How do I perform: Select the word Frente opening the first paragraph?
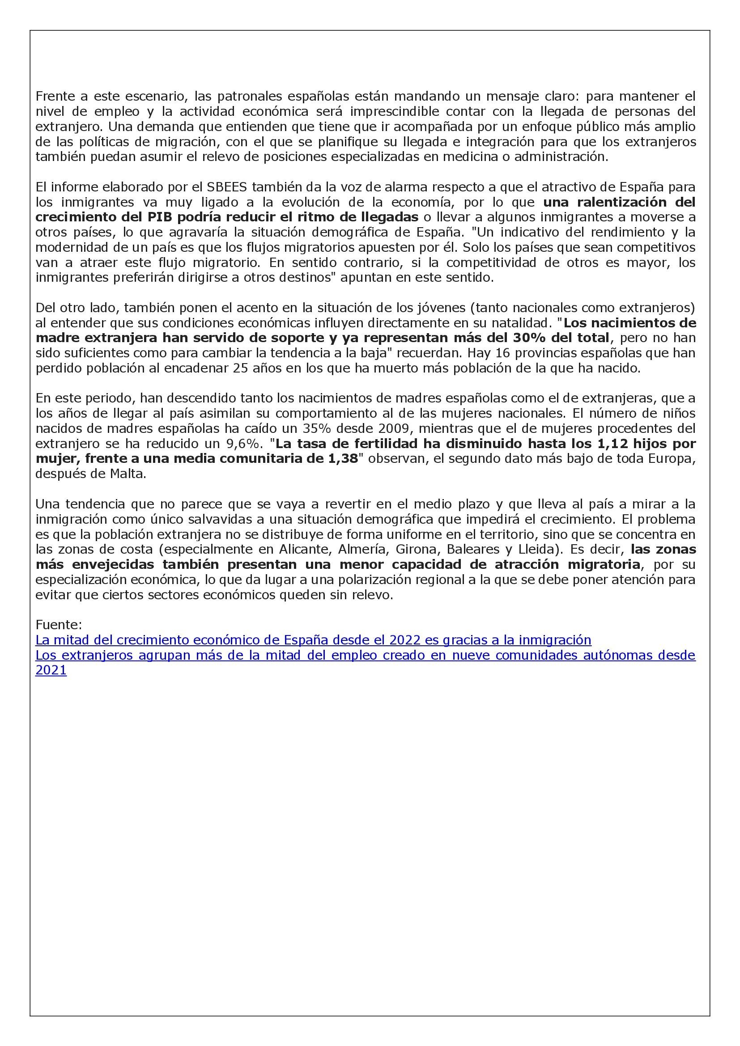click(55, 96)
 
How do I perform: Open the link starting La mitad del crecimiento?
click(313, 640)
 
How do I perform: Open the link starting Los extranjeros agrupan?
click(365, 655)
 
